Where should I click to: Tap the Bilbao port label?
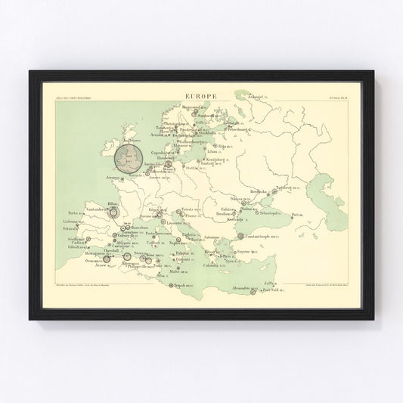click(x=114, y=204)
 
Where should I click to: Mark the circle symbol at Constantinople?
click(x=240, y=237)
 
